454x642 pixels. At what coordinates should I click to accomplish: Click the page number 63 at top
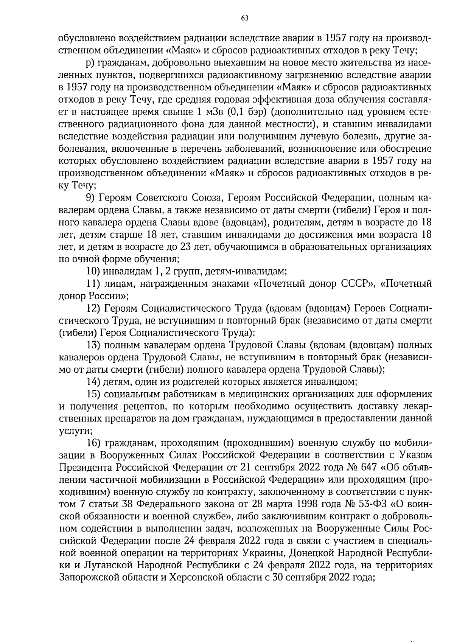244,18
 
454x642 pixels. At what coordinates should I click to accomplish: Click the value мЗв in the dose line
213,112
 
